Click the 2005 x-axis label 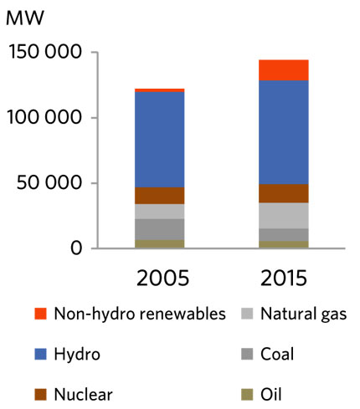159,277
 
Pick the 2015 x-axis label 283,277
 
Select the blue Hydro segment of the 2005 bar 159,139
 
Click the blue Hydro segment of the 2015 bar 283,132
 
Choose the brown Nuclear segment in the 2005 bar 159,196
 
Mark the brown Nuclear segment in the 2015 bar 283,193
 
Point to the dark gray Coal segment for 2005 159,229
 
